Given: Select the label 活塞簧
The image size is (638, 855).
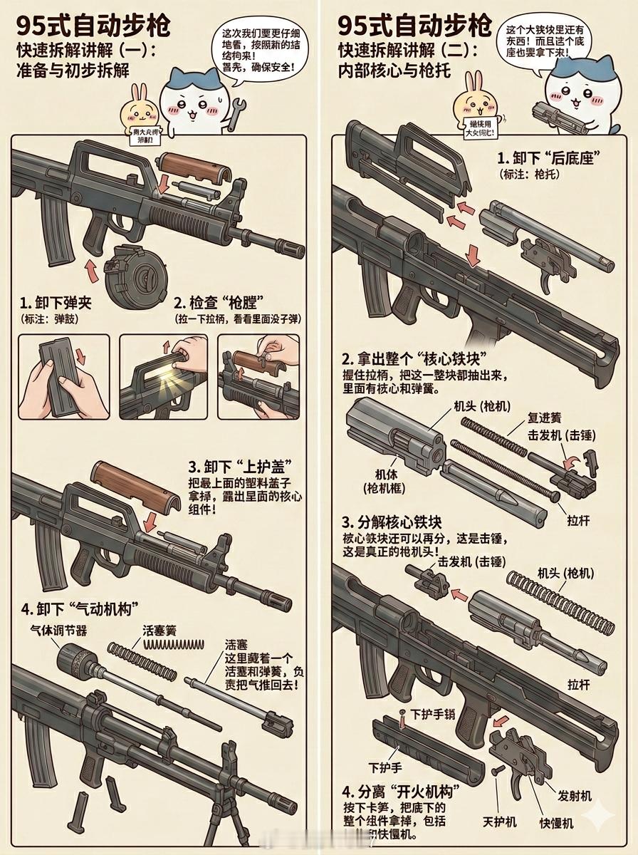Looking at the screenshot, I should coord(159,630).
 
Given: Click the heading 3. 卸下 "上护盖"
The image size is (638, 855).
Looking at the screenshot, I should coord(232,467).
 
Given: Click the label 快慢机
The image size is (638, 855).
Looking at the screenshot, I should coord(555,822).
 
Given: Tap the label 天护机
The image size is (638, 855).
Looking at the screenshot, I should coord(499,822).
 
